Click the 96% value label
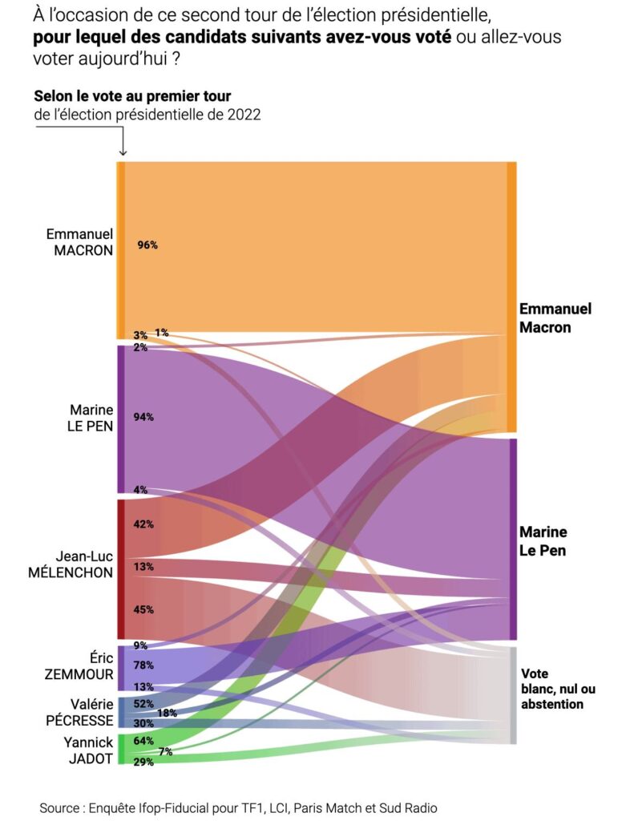point(147,245)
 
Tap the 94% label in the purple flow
point(144,417)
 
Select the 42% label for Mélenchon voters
point(144,524)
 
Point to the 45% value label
point(144,609)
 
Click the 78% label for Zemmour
point(144,665)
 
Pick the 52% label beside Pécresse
point(144,704)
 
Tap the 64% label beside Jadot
point(144,741)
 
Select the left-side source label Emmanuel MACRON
point(79,241)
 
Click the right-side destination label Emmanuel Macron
point(555,317)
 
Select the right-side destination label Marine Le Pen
point(543,541)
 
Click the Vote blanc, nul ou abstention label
point(558,689)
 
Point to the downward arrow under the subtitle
point(123,144)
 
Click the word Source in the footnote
point(62,808)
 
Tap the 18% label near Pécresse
point(167,713)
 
